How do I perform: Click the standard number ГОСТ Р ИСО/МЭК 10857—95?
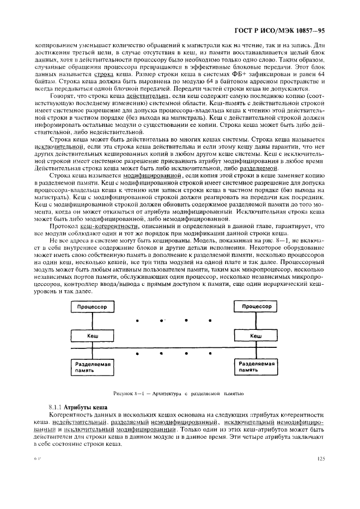[279, 30]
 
